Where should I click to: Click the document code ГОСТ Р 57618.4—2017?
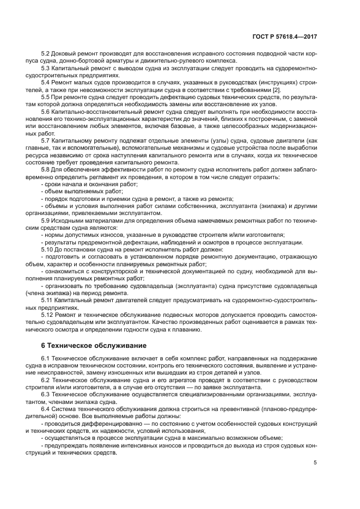point(285,36)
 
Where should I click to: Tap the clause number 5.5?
point(46,97)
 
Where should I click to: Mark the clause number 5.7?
point(46,140)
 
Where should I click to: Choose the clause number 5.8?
point(46,168)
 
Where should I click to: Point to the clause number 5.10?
point(47,249)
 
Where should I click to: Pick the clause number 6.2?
point(46,379)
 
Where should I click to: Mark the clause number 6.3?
point(46,393)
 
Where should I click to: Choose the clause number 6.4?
point(46,408)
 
